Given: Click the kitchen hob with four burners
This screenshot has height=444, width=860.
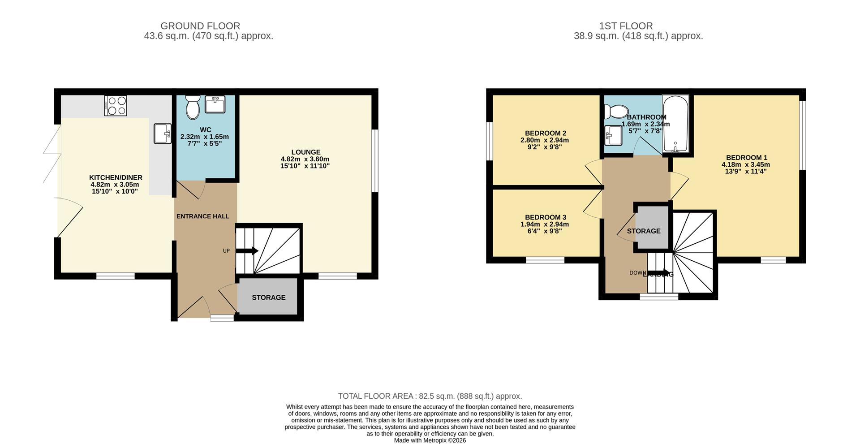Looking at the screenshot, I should tap(116, 106).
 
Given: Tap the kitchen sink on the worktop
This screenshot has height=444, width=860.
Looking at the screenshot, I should tap(162, 134).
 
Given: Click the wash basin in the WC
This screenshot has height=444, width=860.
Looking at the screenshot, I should tap(215, 104).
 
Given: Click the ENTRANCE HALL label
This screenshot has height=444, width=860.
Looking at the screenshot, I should tap(203, 216).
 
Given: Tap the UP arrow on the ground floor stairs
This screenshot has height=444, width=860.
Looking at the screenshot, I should tap(247, 251).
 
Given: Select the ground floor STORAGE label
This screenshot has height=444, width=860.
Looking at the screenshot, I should tap(268, 297).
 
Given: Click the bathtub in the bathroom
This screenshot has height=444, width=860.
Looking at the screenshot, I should tap(675, 125).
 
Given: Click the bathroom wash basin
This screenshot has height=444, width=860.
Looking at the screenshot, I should tap(613, 135).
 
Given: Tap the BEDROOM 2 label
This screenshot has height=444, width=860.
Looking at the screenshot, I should tap(545, 133).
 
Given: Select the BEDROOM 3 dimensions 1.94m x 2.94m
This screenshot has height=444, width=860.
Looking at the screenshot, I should tap(544, 224).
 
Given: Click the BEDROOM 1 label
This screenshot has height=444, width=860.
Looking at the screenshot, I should tap(746, 157).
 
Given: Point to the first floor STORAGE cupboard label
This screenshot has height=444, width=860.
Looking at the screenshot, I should tap(643, 231).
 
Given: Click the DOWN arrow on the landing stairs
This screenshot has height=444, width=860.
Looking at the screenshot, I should tap(660, 273).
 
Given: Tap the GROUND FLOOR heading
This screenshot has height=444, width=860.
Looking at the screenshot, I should tap(200, 26).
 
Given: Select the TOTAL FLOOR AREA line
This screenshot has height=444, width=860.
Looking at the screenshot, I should tap(430, 396).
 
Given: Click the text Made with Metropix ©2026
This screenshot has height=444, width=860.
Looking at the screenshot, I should tap(430, 440).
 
